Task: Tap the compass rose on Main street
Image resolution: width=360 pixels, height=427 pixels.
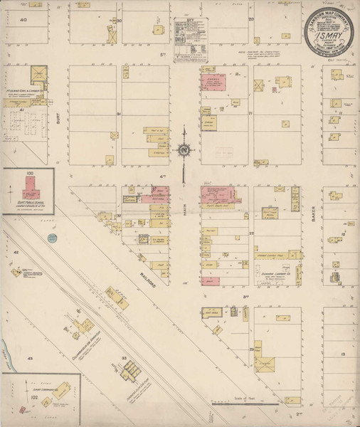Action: coord(184,150)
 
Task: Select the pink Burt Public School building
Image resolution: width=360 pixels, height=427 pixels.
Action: coord(31,188)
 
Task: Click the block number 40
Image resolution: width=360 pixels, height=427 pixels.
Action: coord(23,21)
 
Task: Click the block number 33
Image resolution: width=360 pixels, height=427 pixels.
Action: coord(123,358)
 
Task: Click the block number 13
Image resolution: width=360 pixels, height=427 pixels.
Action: coord(342,354)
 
